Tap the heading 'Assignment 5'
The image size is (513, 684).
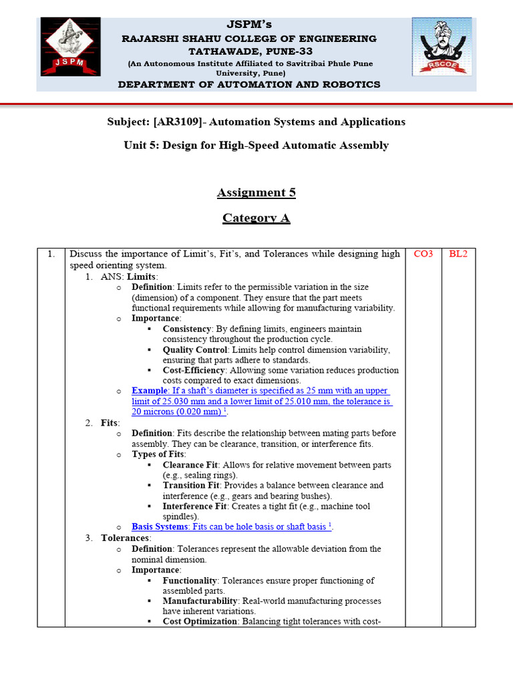pos(256,192)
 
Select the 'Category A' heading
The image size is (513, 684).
pos(256,218)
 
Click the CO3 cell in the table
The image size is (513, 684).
pos(423,254)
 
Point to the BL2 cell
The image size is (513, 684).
pos(458,254)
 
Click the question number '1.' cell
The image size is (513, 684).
pos(51,254)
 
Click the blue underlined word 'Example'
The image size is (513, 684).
pos(149,391)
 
